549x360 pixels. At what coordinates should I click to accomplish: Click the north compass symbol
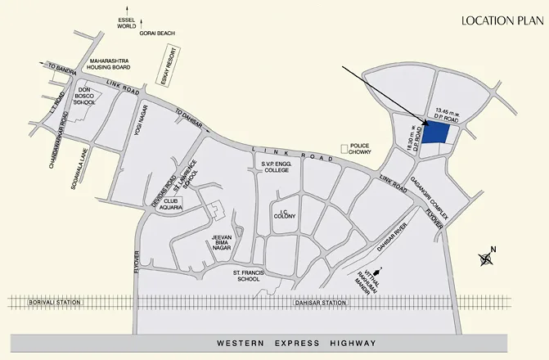click(486, 259)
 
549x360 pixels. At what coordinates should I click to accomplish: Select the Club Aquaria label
click(170, 203)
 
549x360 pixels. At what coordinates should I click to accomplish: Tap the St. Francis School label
click(246, 275)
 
